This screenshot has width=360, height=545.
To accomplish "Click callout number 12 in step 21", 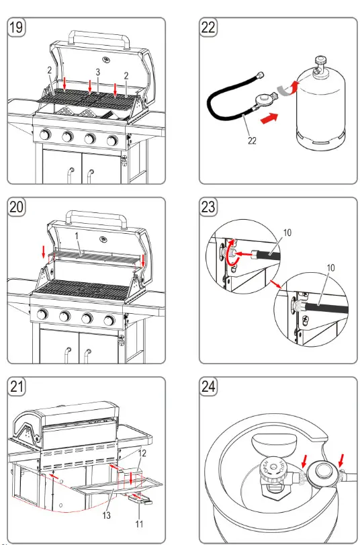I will pos(142,454).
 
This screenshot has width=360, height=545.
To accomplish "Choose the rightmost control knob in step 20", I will pos(111,316).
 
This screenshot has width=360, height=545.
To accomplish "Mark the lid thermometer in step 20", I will pos(104,238).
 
